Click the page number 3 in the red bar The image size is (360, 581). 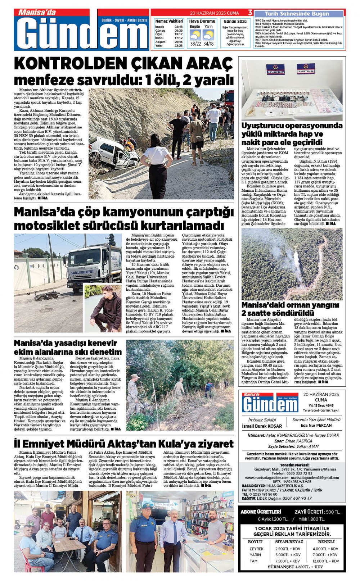tap(250, 13)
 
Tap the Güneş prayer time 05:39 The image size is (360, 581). tap(178, 31)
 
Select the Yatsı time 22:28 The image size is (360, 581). tap(178, 46)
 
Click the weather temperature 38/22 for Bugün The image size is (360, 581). tap(195, 44)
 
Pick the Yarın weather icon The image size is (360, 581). tap(208, 35)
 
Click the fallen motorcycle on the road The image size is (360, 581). tap(46, 296)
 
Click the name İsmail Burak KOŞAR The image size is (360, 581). tap(262, 426)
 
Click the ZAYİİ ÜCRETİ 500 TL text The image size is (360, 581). tap(317, 512)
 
